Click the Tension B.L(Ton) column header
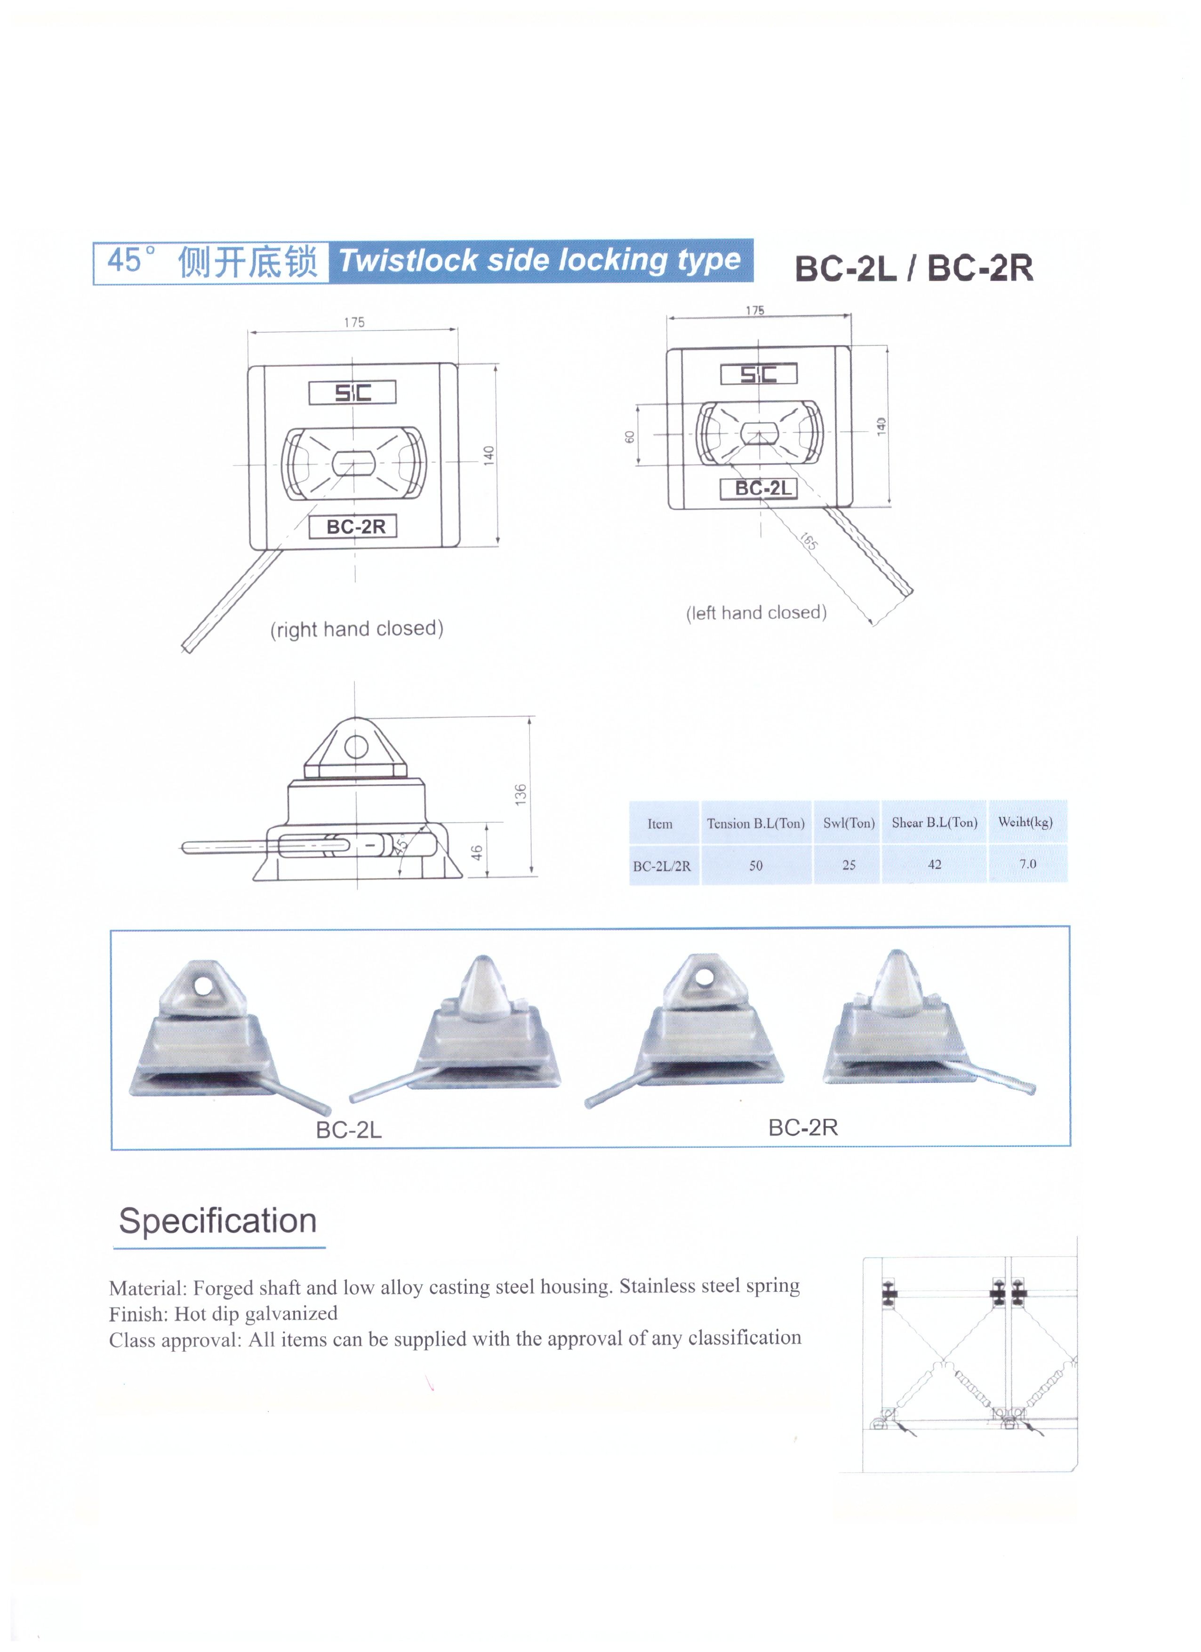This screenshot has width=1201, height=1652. point(755,824)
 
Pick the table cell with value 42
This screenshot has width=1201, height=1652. point(935,865)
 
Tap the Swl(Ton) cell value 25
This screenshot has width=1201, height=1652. point(849,865)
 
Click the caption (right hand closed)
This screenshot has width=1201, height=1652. point(357,629)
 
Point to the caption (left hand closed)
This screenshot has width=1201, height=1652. point(756,613)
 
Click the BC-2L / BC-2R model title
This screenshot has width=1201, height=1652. point(913,268)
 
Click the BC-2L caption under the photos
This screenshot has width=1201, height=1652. point(348,1130)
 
